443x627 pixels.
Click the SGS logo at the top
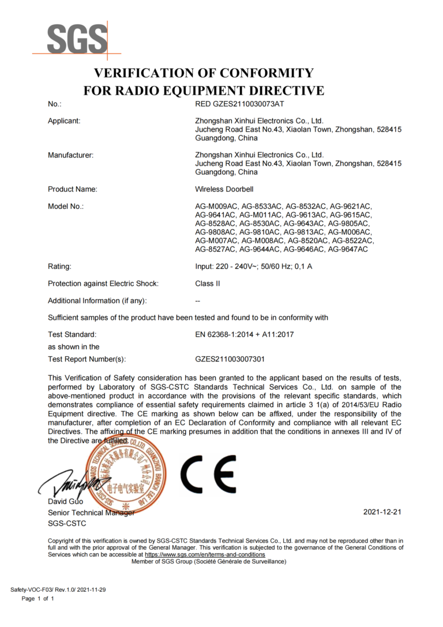[76, 39]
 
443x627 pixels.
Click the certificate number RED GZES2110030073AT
[240, 104]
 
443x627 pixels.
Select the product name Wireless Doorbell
[224, 189]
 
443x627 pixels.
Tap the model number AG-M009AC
[217, 206]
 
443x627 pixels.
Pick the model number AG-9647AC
[347, 249]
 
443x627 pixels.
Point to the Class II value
[208, 283]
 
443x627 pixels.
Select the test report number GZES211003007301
[230, 359]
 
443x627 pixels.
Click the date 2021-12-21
[382, 512]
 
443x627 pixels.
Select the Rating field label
[59, 266]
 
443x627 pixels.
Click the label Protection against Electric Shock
[103, 283]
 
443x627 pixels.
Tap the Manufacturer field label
[70, 155]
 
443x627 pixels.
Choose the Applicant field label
[64, 121]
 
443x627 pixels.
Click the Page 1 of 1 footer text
[37, 599]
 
